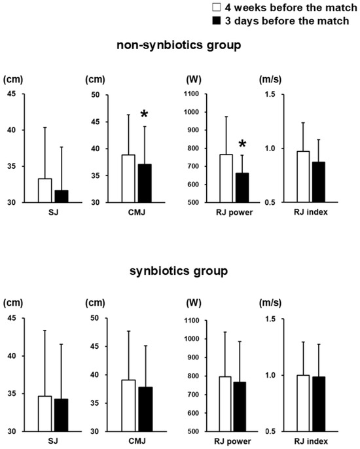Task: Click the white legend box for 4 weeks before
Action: [x=217, y=7]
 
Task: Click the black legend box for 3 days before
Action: [x=217, y=21]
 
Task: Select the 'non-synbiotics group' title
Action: [x=179, y=45]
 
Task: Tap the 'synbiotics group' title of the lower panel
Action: [x=179, y=271]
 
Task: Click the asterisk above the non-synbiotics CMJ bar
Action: [x=144, y=115]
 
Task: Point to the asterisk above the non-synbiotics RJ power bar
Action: [x=242, y=144]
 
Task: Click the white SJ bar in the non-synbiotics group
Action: [x=45, y=190]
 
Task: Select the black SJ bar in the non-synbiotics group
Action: [x=62, y=196]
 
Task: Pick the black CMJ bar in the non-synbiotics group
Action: [x=145, y=183]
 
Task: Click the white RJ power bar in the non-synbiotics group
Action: [x=226, y=179]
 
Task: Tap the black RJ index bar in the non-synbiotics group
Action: [x=319, y=182]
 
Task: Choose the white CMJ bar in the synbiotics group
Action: [x=128, y=406]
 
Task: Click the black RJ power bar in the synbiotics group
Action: [x=240, y=406]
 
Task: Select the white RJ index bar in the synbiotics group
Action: [x=303, y=403]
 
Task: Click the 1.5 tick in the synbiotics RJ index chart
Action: [x=270, y=319]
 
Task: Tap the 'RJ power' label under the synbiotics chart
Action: [x=232, y=442]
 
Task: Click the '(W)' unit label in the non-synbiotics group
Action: [x=194, y=79]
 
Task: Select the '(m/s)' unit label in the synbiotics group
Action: [x=270, y=302]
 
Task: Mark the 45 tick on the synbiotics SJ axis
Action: [x=12, y=318]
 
